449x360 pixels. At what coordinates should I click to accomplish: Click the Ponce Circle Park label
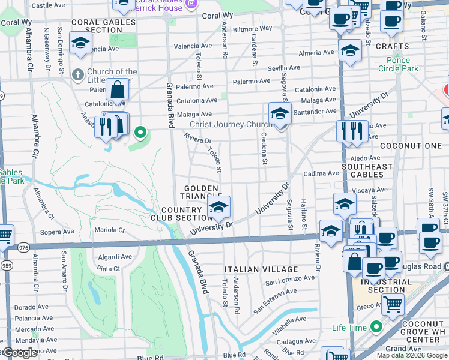pos(394,64)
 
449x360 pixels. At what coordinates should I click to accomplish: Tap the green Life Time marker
pos(376,327)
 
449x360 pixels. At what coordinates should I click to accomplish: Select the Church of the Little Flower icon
pos(77,75)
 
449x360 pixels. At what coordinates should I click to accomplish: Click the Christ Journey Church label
pos(228,124)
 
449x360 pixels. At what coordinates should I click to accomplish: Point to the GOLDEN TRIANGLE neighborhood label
pos(201,193)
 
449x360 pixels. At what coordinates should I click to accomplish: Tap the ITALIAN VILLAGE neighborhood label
pos(261,269)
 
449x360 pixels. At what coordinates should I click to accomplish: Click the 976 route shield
pos(23,247)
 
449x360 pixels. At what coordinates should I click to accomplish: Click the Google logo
pos(20,353)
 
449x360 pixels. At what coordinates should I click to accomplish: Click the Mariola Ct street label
pos(109,230)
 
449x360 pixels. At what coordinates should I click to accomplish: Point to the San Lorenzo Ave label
pos(291,280)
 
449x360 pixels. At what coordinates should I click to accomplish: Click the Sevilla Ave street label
pos(284,68)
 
